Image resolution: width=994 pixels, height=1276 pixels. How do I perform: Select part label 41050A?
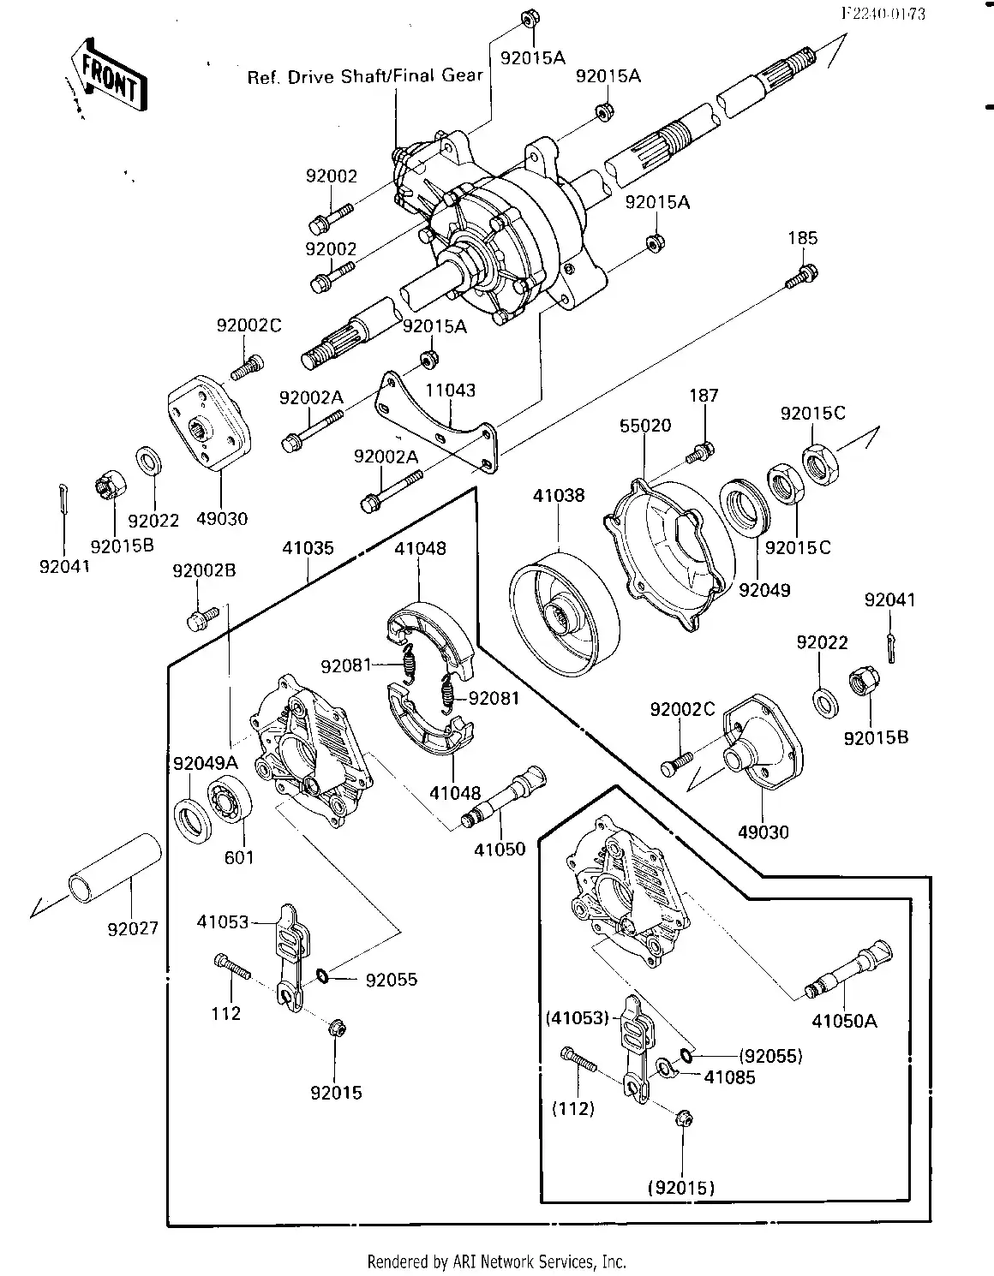[844, 1021]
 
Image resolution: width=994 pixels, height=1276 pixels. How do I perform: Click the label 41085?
[729, 1077]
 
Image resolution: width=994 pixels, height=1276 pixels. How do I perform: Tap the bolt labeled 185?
[802, 276]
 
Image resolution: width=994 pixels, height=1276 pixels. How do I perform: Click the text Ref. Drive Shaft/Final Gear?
[365, 76]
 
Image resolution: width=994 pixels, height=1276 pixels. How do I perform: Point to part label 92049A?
[206, 763]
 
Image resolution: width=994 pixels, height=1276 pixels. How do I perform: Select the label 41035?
[308, 548]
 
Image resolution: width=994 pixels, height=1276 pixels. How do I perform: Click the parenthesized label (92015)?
[681, 1187]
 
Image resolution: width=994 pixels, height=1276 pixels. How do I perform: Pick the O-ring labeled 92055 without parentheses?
[322, 975]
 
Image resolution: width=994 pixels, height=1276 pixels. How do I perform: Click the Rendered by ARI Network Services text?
[496, 1261]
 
